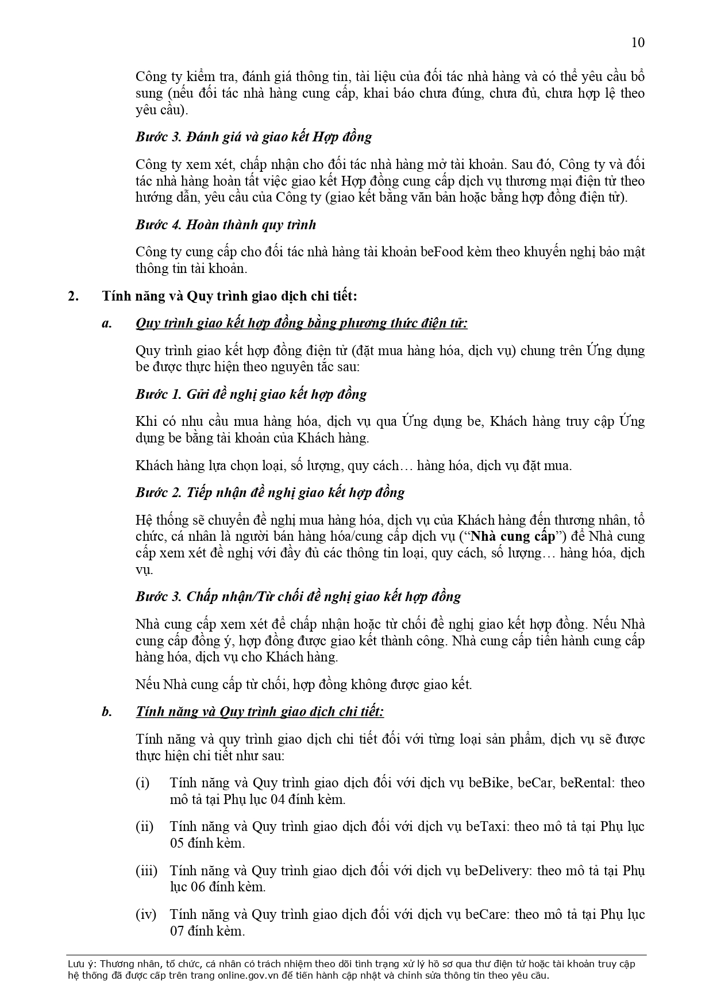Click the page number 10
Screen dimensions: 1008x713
click(638, 43)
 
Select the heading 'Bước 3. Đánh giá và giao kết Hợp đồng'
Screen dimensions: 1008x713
click(253, 137)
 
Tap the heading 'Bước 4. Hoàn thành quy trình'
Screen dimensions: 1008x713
click(226, 224)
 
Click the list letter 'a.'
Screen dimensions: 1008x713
click(106, 323)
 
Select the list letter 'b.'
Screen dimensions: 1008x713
click(106, 712)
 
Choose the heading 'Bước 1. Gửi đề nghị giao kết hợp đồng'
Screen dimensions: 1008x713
click(251, 394)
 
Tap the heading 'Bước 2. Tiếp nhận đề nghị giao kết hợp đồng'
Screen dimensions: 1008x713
click(270, 493)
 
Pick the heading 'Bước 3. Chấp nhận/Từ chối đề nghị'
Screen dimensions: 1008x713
click(298, 597)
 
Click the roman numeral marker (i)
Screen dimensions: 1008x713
click(142, 783)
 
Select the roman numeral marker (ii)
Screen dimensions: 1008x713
click(144, 826)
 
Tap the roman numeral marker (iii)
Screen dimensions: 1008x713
click(146, 871)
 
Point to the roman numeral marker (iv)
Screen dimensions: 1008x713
click(145, 914)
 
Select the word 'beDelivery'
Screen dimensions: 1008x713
click(496, 871)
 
